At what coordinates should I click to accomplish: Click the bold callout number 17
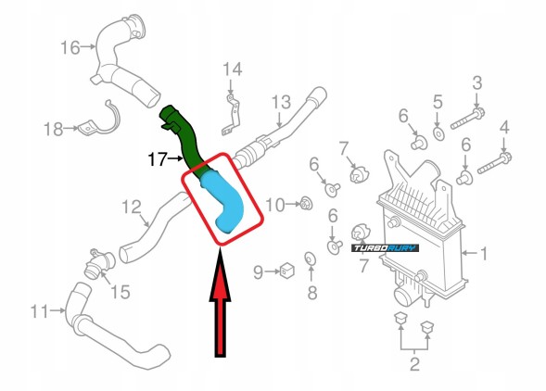coord(158,159)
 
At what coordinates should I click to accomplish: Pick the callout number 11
coord(38,311)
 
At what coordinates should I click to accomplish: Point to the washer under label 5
coord(438,135)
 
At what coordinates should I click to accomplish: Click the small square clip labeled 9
coord(287,271)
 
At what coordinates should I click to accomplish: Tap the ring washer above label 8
coord(311,258)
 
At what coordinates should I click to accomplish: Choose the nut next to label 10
coord(304,203)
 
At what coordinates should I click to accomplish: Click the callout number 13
coord(281,100)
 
